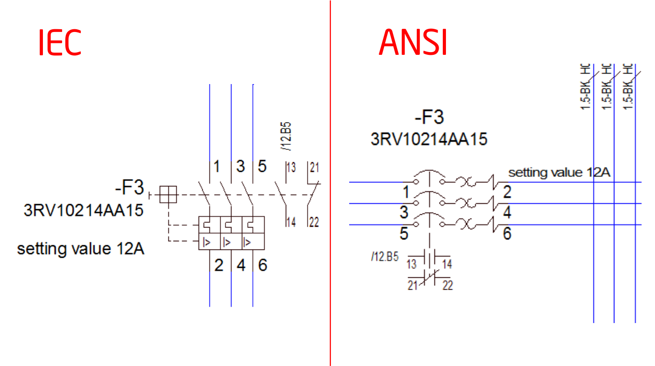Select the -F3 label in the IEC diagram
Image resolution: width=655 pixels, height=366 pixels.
click(x=130, y=187)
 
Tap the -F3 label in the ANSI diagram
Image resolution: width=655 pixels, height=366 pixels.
click(x=429, y=117)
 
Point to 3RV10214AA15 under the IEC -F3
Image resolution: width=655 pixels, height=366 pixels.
click(x=84, y=210)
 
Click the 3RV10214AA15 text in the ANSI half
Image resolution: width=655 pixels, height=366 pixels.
click(x=429, y=138)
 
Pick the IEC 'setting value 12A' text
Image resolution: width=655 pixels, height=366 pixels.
click(x=81, y=249)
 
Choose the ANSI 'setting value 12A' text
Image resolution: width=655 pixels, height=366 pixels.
click(x=559, y=173)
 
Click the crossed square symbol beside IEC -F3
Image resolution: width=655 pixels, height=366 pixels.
click(x=168, y=195)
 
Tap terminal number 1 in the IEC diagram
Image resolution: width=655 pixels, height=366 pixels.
click(x=217, y=166)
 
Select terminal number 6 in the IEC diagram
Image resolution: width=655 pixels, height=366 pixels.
click(x=262, y=265)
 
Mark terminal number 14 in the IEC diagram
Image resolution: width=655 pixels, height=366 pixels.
click(x=291, y=222)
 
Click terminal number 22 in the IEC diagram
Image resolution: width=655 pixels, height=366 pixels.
click(x=314, y=222)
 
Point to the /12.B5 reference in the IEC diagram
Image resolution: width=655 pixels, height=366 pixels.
click(x=287, y=136)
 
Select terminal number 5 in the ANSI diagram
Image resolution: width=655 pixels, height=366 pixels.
click(x=404, y=234)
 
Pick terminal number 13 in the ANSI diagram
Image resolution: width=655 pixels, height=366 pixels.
click(x=412, y=264)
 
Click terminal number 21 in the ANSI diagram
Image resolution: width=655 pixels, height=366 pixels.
click(x=413, y=286)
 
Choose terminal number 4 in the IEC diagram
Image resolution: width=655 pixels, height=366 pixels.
click(x=241, y=265)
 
